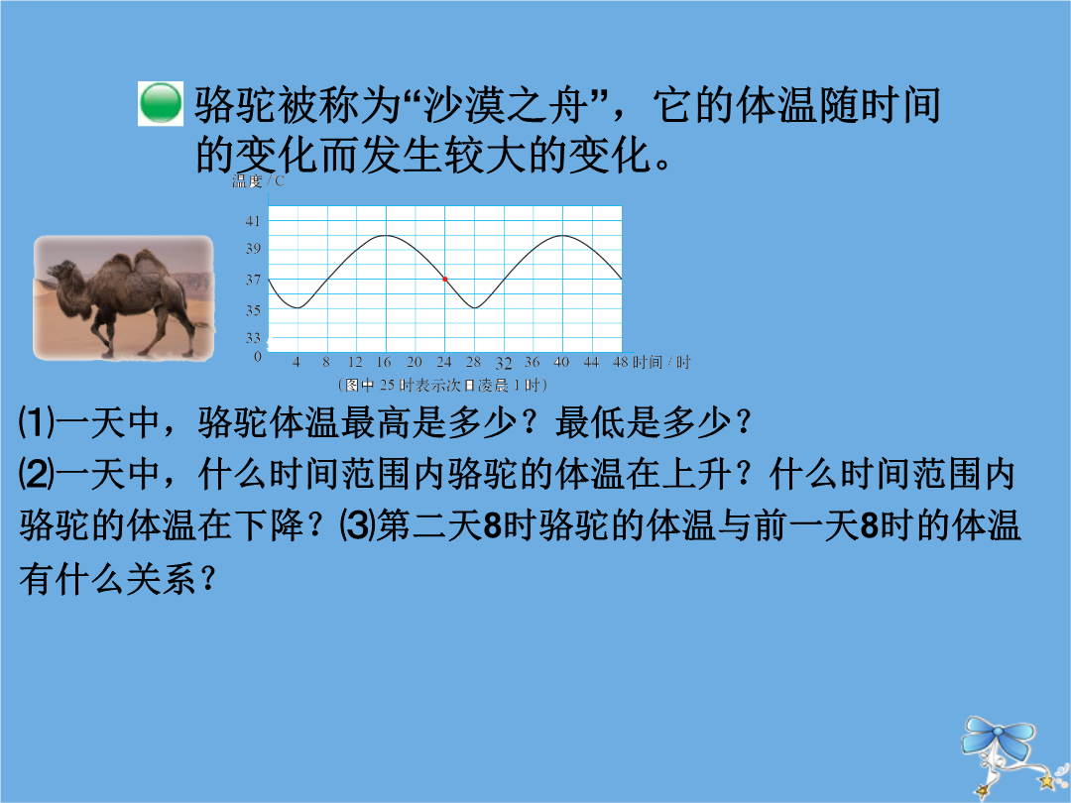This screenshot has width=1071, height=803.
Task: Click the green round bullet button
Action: [x=161, y=103]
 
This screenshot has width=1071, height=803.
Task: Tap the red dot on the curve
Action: [x=444, y=280]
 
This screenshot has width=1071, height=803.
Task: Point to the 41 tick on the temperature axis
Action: [x=254, y=220]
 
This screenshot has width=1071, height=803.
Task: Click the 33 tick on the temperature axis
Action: [x=254, y=337]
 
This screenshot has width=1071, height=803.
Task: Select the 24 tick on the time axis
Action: [x=444, y=362]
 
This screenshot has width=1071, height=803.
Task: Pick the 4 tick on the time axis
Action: [x=297, y=362]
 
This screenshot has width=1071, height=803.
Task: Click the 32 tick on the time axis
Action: [x=504, y=363]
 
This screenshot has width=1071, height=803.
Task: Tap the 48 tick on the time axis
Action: [x=620, y=362]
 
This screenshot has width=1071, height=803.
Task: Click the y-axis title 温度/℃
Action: [x=258, y=181]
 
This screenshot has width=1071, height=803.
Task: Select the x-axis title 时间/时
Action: [x=661, y=362]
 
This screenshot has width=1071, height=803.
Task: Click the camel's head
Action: [x=62, y=271]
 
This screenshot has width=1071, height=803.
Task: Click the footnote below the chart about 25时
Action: [x=442, y=385]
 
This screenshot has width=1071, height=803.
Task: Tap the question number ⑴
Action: [x=36, y=422]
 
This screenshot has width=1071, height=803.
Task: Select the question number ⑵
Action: [x=36, y=474]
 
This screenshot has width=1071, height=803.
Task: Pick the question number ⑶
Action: [x=357, y=525]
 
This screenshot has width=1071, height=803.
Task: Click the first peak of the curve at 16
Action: [x=386, y=236]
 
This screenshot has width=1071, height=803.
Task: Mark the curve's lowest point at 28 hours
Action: [x=475, y=307]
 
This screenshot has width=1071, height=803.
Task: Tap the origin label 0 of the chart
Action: [x=258, y=357]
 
